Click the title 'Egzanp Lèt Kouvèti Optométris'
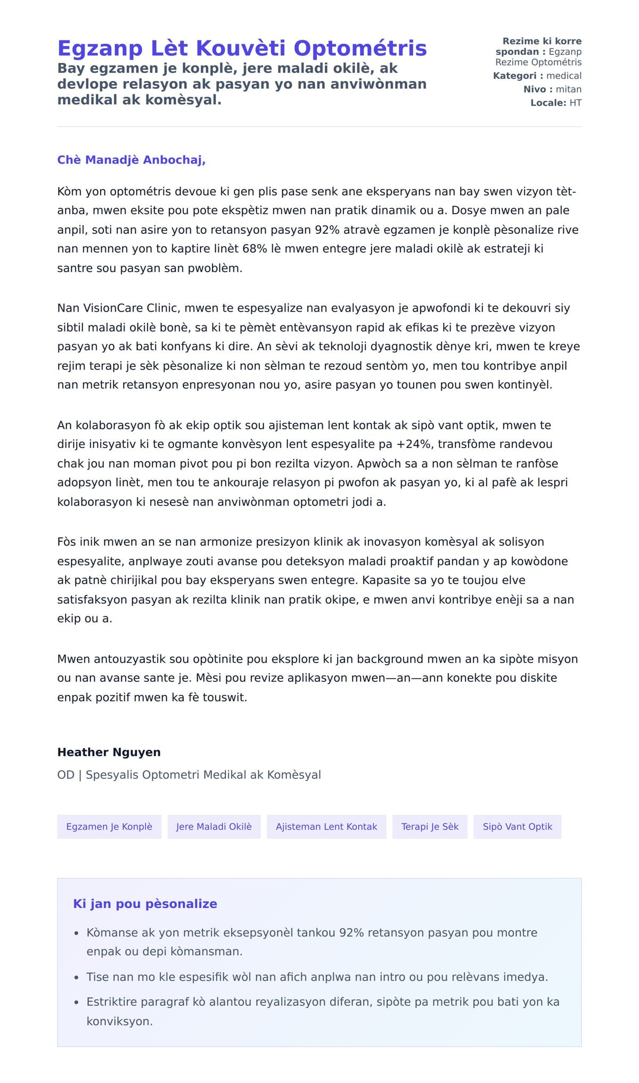[x=242, y=48]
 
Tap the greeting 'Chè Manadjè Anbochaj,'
[x=131, y=160]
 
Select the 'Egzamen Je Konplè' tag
[x=109, y=827]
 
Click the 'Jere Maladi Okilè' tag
[x=214, y=827]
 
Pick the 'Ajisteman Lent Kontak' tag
[x=326, y=827]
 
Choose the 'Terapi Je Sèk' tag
[x=430, y=827]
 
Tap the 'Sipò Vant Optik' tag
[x=517, y=827]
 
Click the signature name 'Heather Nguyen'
[x=109, y=752]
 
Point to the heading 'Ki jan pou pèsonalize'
[x=145, y=904]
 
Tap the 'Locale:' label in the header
[x=548, y=103]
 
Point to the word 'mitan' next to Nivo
[x=568, y=89]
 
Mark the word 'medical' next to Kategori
[x=563, y=76]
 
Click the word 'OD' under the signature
[x=65, y=775]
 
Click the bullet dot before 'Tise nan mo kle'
[x=77, y=978]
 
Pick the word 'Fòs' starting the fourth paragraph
[x=67, y=542]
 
